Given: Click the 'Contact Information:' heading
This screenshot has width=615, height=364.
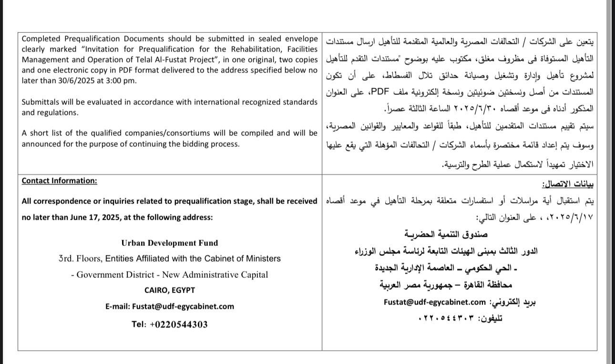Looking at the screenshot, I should point(59,181).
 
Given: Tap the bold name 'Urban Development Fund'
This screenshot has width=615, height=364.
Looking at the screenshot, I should point(169,243).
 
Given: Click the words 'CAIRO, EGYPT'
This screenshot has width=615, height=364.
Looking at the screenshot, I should point(169,290).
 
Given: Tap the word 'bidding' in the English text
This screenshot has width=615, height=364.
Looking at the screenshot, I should point(200,143).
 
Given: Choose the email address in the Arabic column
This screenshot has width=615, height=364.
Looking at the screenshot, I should point(434,302).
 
